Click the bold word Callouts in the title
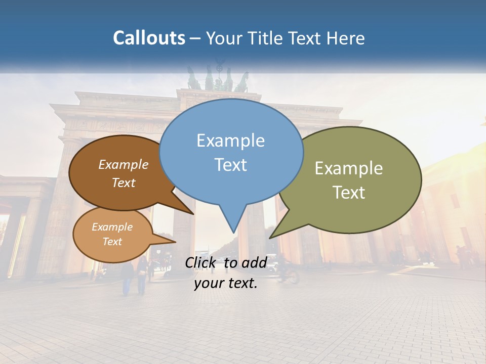click(x=149, y=38)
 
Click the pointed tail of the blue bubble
click(x=232, y=222)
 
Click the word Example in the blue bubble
click(x=230, y=141)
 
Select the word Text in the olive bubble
click(x=349, y=192)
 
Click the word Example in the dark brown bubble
click(x=123, y=164)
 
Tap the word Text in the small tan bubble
click(x=112, y=242)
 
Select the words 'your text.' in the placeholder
click(x=225, y=283)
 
